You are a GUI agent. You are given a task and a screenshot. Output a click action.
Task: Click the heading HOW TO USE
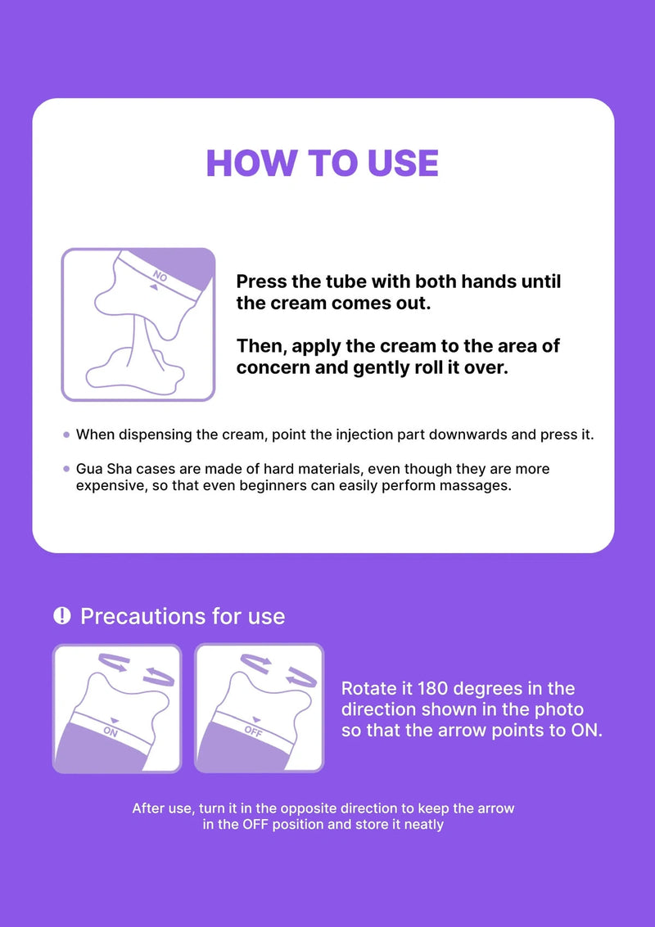322,163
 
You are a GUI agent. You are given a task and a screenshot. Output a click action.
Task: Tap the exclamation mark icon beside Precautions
61,615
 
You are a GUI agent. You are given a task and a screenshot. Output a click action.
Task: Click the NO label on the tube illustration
160,277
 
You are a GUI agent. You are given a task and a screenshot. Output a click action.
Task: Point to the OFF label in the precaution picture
253,731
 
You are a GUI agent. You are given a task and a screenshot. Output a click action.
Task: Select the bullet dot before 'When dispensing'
66,435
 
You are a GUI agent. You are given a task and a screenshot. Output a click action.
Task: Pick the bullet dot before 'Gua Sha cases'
66,470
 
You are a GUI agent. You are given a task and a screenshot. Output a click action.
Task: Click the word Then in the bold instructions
261,345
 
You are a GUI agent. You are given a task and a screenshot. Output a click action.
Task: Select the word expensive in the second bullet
109,485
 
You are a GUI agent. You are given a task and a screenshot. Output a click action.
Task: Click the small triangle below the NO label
153,288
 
